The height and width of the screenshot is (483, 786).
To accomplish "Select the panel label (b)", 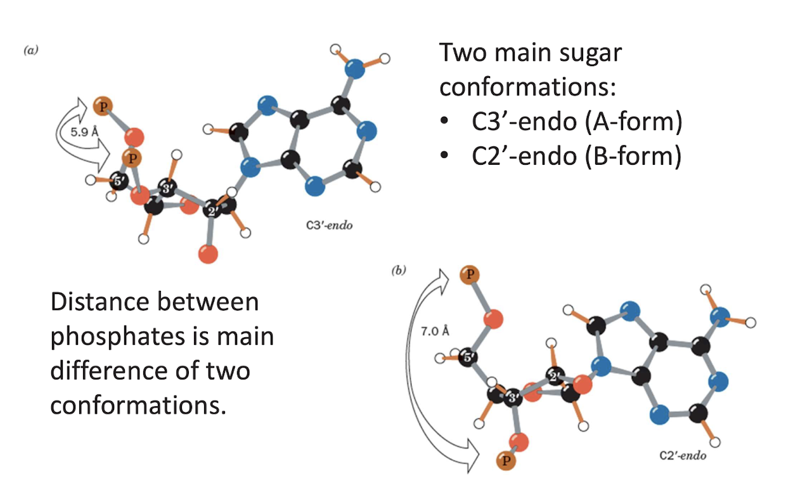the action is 398,271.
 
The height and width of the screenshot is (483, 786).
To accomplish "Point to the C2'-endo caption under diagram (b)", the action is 682,455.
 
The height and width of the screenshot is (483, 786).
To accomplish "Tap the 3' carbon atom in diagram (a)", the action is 167,189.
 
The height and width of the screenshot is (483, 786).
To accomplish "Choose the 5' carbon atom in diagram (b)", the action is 470,356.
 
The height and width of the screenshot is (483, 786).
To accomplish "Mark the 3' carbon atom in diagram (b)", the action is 513,398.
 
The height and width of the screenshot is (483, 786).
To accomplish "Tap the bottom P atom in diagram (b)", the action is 505,461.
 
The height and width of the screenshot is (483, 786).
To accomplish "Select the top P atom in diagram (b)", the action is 469,275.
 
